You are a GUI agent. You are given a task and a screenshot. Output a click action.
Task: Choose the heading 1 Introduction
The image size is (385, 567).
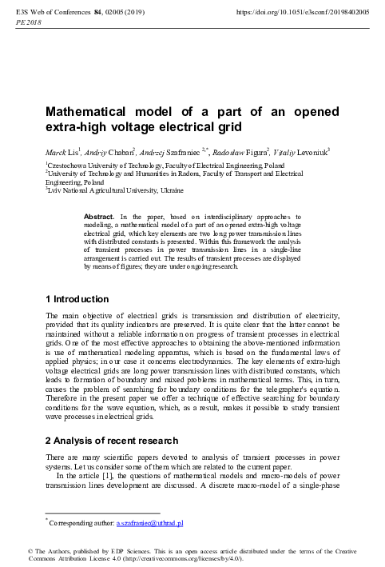(77, 300)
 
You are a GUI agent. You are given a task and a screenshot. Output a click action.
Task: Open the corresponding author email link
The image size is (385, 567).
(150, 523)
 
